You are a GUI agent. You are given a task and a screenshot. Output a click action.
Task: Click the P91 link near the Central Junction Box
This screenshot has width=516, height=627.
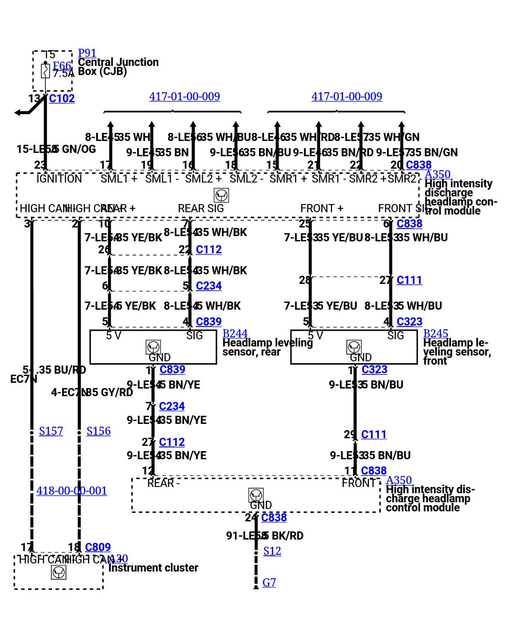(x=87, y=53)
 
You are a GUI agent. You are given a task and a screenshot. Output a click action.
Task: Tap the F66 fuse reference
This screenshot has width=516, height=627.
(x=62, y=66)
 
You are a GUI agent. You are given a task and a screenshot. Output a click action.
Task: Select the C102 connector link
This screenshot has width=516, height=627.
(x=62, y=98)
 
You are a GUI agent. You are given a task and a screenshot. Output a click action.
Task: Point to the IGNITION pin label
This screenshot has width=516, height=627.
(x=59, y=179)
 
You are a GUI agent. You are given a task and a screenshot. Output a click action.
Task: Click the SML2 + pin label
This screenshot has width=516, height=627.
(x=203, y=179)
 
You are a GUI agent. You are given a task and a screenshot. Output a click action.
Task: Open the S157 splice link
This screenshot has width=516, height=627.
(x=51, y=431)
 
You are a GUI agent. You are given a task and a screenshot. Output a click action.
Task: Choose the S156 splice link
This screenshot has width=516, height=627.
(x=98, y=431)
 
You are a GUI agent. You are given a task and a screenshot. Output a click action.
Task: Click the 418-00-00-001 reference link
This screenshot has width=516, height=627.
(x=72, y=491)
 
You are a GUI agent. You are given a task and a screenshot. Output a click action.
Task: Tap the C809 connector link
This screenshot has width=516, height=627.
(x=97, y=547)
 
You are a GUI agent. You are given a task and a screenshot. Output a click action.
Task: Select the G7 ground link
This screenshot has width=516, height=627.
(x=269, y=583)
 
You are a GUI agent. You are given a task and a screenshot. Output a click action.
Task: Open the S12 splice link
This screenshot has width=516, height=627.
(x=272, y=551)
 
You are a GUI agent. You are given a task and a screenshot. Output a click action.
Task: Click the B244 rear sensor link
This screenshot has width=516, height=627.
(x=235, y=334)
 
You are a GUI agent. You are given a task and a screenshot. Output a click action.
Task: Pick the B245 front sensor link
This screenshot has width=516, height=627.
(x=436, y=334)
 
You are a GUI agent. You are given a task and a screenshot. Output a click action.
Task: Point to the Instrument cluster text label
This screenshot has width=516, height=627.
(x=153, y=568)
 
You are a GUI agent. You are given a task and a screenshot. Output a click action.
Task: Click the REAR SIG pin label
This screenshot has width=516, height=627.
(x=201, y=208)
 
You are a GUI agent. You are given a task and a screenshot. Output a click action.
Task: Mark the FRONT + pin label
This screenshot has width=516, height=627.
(x=322, y=208)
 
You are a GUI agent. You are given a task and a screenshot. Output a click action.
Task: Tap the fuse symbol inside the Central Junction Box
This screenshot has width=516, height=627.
(x=45, y=71)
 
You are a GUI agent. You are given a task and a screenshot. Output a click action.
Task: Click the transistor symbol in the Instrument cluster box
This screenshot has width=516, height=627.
(x=58, y=572)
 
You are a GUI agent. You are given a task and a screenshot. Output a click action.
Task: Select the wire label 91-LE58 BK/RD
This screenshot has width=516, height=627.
(x=265, y=536)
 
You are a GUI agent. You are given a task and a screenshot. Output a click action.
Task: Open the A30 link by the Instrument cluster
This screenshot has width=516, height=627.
(x=118, y=559)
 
